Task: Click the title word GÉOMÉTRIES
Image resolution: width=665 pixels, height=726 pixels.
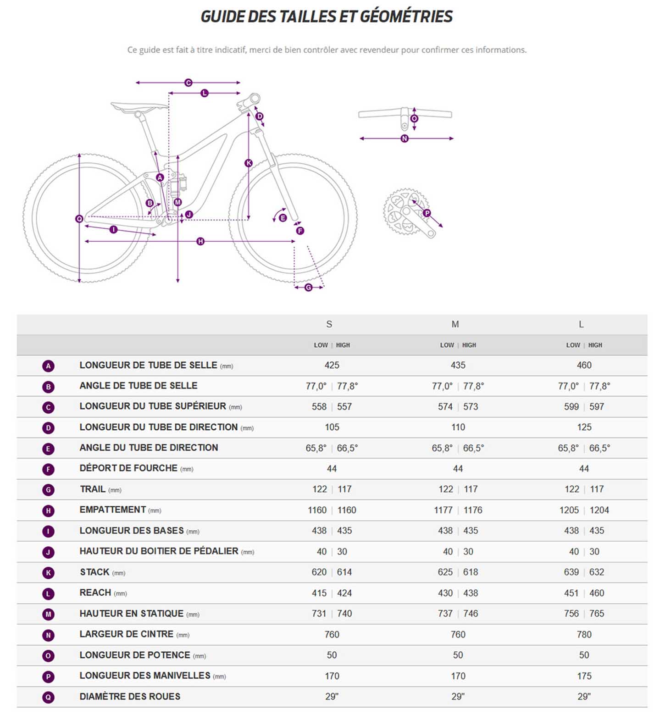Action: click(x=406, y=17)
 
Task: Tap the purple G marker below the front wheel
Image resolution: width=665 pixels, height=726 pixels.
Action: click(x=308, y=287)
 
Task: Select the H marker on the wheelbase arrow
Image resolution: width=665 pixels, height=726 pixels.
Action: click(x=200, y=241)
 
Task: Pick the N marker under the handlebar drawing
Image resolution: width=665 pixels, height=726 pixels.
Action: click(x=405, y=139)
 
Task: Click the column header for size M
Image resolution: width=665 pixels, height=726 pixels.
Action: click(x=455, y=324)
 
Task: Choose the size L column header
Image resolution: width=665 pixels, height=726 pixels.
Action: click(x=581, y=324)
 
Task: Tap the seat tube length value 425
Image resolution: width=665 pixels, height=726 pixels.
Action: click(x=332, y=365)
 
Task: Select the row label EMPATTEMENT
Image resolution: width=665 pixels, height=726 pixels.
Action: click(x=113, y=510)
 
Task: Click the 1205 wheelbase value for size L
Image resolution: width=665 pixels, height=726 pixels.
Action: click(x=569, y=510)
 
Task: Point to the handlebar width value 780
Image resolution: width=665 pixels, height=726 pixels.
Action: click(x=584, y=634)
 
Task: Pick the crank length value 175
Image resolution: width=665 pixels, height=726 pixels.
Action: click(x=584, y=676)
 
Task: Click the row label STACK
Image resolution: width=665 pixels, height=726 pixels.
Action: click(x=95, y=572)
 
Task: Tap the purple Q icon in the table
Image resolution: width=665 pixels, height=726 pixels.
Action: click(x=48, y=697)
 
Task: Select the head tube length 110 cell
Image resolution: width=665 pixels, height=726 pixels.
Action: click(x=458, y=427)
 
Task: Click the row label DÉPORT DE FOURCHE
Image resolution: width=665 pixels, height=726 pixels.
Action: click(x=128, y=468)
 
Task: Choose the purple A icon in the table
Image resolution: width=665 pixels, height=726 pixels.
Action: click(x=48, y=366)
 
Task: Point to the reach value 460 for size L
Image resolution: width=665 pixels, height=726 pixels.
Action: click(x=597, y=593)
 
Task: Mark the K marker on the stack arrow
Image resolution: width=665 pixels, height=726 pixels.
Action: click(x=249, y=163)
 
